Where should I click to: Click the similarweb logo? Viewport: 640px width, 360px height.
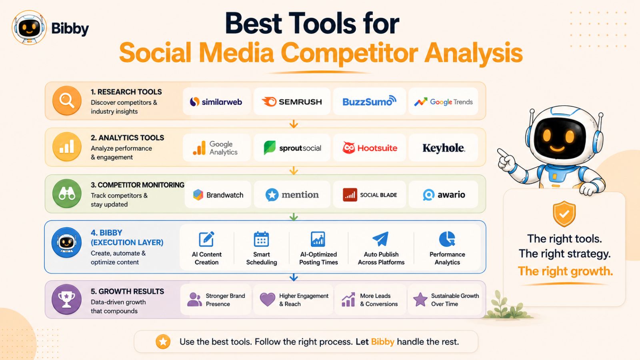(x=216, y=102)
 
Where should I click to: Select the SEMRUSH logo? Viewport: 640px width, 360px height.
(x=292, y=102)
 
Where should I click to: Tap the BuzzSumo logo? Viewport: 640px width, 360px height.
(x=369, y=101)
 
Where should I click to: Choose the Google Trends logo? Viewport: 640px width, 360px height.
(x=444, y=102)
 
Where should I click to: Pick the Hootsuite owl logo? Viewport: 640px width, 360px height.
(x=348, y=148)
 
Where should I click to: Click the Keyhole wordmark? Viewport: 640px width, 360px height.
(x=444, y=148)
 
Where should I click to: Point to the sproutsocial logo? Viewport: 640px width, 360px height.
(x=292, y=148)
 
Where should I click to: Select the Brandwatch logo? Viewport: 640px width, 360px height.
(x=218, y=195)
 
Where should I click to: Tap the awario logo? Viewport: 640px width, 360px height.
(x=444, y=195)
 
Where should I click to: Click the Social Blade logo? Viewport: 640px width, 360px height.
(x=370, y=195)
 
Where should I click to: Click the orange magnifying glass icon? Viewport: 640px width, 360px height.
(x=67, y=100)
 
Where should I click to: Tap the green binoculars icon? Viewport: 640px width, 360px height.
(x=67, y=194)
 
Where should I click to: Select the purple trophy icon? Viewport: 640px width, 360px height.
(x=66, y=300)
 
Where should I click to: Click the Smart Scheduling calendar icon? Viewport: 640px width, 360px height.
(x=262, y=239)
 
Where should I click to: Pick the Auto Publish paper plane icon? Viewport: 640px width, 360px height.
(x=380, y=239)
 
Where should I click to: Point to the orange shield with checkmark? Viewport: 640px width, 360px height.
(x=564, y=214)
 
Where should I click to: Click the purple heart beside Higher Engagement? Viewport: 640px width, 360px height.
(x=268, y=300)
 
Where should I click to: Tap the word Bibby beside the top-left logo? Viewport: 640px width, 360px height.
(x=70, y=28)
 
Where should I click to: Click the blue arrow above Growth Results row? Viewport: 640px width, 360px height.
(x=294, y=277)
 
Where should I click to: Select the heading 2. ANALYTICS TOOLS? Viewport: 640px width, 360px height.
(x=128, y=138)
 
